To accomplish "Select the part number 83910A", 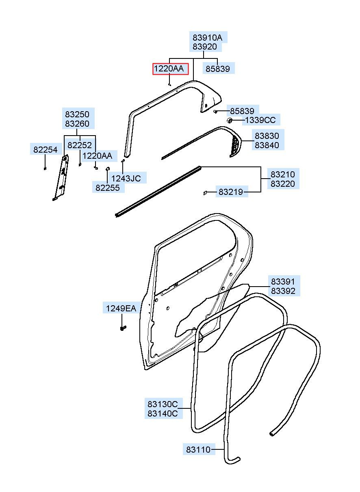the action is [207, 38].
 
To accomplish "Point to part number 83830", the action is [267, 136].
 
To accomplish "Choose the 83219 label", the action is [230, 192].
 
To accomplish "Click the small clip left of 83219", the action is [205, 193].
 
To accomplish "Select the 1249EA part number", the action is [121, 309].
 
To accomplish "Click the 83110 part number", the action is [198, 450].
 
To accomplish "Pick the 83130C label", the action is [162, 404].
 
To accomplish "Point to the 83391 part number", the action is [283, 281].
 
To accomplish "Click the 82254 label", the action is [45, 149].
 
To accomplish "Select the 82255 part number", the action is [108, 188].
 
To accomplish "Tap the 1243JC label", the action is [126, 178].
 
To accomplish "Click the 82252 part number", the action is [79, 145].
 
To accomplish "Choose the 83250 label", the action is [77, 114].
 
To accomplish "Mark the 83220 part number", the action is [282, 183].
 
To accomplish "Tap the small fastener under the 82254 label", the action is [45, 168].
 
